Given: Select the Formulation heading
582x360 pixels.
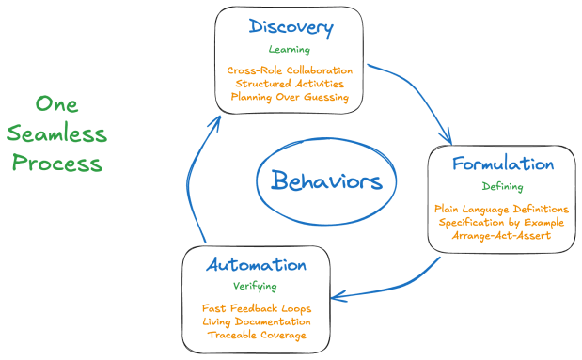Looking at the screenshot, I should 502,164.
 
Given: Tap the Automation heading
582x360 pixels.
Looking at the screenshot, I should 257,265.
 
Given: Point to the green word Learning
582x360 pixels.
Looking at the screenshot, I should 289,50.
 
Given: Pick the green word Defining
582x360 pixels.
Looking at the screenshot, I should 502,186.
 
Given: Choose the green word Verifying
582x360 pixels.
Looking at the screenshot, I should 257,286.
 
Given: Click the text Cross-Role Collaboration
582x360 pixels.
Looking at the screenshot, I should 290,70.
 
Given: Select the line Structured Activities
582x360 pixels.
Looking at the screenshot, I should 290,84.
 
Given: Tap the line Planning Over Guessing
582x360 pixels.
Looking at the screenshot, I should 290,97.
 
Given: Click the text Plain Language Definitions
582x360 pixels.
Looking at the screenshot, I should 502,209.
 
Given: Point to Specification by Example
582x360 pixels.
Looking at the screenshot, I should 502,222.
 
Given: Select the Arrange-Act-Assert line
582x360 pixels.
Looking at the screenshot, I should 502,235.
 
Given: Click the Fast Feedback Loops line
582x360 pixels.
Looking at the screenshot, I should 257,308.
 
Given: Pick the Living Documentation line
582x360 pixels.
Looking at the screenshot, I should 257,321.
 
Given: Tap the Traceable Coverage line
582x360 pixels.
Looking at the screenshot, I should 257,335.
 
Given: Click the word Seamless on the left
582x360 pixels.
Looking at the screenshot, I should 71,133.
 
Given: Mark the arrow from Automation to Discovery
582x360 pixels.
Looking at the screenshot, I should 197,169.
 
